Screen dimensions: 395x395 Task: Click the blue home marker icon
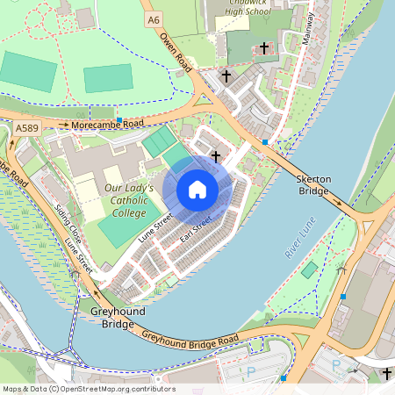197,190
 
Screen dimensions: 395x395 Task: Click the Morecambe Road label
108,125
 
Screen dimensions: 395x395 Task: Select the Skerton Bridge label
314,184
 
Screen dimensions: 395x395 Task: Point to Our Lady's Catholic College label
129,199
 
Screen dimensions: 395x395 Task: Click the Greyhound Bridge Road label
190,339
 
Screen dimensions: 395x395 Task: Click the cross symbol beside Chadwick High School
264,47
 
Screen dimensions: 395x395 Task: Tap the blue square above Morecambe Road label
119,117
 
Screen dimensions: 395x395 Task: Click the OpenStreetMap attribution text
88,389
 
